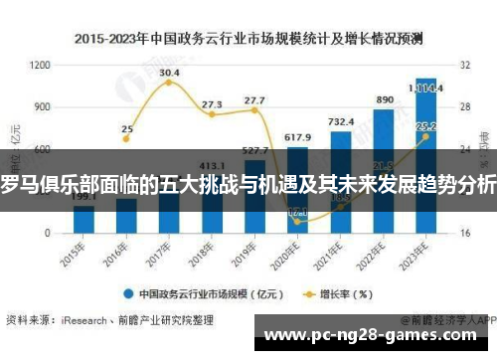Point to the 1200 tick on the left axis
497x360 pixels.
pos(40,65)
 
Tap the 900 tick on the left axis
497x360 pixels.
pos(42,106)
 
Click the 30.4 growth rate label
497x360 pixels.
pos(169,73)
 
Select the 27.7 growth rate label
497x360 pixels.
pos(254,100)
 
